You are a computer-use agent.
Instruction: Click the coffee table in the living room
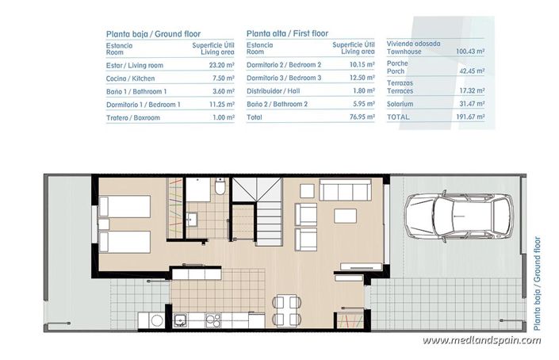[343, 216]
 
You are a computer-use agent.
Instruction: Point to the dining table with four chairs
[286, 307]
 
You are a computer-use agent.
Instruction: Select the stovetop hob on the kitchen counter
[212, 320]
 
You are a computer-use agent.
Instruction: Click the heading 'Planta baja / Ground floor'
[153, 34]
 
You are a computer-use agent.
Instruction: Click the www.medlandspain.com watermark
[481, 340]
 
